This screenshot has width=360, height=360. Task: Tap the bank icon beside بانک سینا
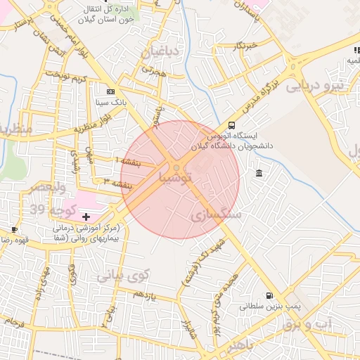point(110,91)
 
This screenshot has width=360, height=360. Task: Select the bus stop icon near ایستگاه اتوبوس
point(233,125)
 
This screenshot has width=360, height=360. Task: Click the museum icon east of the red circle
point(259,174)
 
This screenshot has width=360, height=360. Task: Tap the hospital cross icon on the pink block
point(86,217)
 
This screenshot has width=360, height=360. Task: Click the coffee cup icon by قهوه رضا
point(15,230)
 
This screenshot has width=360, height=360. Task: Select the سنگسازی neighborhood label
point(216,214)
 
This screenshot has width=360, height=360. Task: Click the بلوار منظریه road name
point(93,130)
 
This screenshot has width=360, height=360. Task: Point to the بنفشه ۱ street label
point(128,162)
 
